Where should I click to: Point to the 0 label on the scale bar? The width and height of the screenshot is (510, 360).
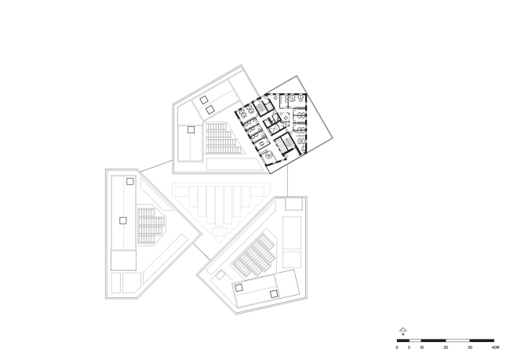tap(398, 346)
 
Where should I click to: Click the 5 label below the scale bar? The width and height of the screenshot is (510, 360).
tap(410, 346)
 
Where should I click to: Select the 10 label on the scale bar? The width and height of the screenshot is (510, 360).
tap(422, 346)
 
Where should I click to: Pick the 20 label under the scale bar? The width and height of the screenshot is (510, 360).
tap(446, 346)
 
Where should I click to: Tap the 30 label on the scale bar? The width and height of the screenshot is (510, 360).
tap(471, 346)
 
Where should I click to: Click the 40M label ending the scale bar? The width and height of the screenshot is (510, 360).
tap(495, 346)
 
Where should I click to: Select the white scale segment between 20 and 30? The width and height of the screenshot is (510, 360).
tap(458, 340)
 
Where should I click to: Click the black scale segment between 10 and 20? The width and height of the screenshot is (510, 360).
tap(434, 340)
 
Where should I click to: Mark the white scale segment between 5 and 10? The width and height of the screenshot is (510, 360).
tap(416, 340)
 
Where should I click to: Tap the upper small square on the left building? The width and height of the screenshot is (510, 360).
tap(130, 181)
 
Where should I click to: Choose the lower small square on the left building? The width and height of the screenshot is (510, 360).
tap(122, 220)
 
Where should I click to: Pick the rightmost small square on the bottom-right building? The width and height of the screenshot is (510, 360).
tap(274, 293)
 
